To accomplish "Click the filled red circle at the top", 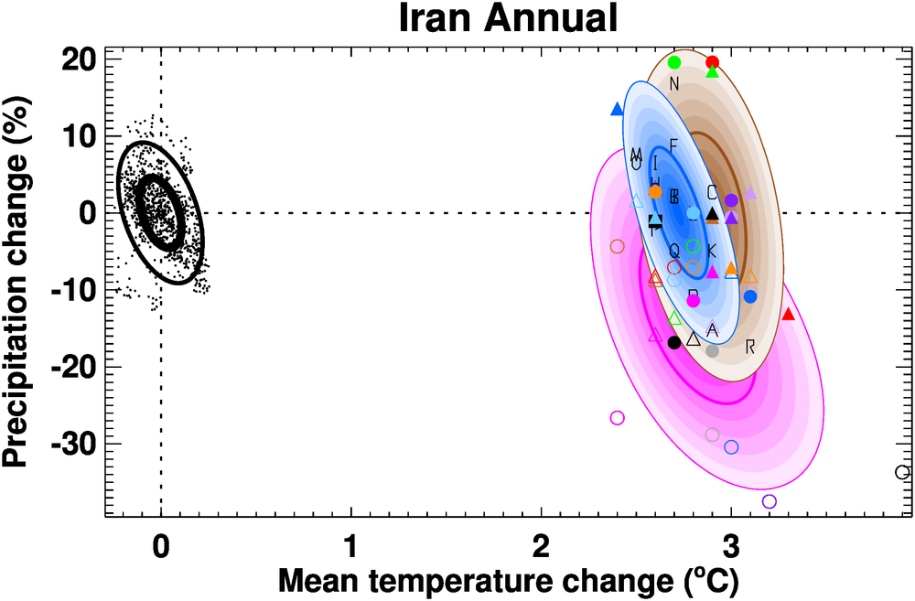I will pyautogui.click(x=713, y=62).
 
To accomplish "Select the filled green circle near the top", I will pyautogui.click(x=674, y=62).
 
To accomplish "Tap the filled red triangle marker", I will pyautogui.click(x=788, y=314).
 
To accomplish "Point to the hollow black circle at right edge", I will pyautogui.click(x=902, y=472).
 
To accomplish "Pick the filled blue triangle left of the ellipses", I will pyautogui.click(x=617, y=109).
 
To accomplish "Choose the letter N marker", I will pyautogui.click(x=674, y=85).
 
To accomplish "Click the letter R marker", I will pyautogui.click(x=750, y=346).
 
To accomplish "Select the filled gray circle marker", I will pyautogui.click(x=713, y=350).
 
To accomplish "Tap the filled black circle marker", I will pyautogui.click(x=674, y=342).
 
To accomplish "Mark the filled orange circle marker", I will pyautogui.click(x=655, y=192).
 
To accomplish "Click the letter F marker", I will pyautogui.click(x=674, y=145).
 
